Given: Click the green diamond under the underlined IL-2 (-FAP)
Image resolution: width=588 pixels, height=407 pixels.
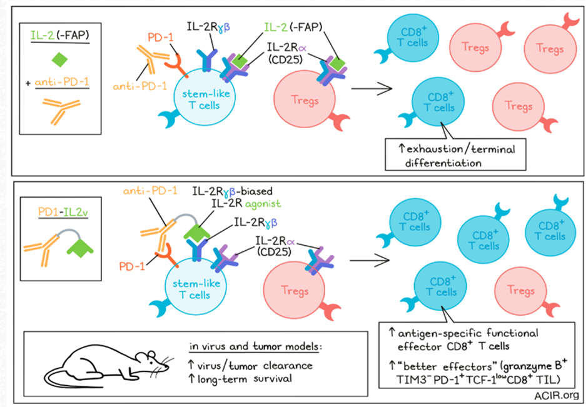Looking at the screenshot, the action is [59, 59].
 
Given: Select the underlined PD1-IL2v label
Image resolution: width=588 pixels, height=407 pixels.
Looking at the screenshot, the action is [63, 213].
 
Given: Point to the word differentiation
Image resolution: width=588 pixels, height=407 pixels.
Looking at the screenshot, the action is [444, 163].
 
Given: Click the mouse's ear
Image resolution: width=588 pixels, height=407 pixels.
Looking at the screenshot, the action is [151, 354].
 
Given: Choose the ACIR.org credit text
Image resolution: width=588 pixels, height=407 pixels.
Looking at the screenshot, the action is [557, 395].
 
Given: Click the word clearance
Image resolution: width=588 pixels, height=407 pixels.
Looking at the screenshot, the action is [288, 365].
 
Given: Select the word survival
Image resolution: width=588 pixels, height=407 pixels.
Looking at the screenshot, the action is [273, 378].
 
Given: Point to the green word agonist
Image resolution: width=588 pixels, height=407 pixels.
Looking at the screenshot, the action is [263, 204].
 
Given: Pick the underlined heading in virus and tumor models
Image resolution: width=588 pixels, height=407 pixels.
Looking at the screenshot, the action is [255, 346].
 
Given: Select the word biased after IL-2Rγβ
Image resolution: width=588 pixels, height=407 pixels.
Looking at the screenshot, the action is [256, 191].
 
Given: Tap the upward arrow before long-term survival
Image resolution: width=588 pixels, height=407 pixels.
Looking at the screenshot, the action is [191, 378].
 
